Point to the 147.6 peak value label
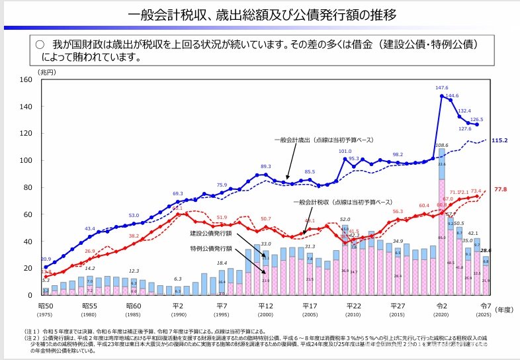(442, 87)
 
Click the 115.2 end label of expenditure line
(498, 140)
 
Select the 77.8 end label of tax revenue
(499, 189)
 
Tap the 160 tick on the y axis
(27, 79)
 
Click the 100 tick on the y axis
(27, 160)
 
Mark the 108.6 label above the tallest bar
(442, 145)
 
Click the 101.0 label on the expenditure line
(345, 151)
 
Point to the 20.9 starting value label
(46, 259)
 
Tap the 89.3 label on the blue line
(266, 167)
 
